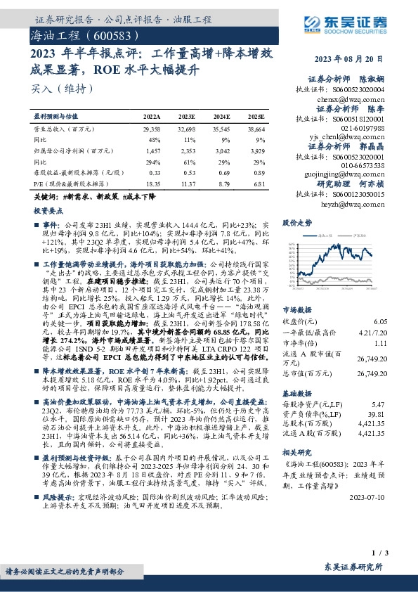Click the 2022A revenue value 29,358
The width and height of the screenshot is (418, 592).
(x=152, y=130)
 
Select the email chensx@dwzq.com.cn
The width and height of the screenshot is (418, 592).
(x=357, y=100)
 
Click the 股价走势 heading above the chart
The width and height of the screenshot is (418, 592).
(x=296, y=223)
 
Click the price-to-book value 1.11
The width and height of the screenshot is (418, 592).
(x=380, y=342)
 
